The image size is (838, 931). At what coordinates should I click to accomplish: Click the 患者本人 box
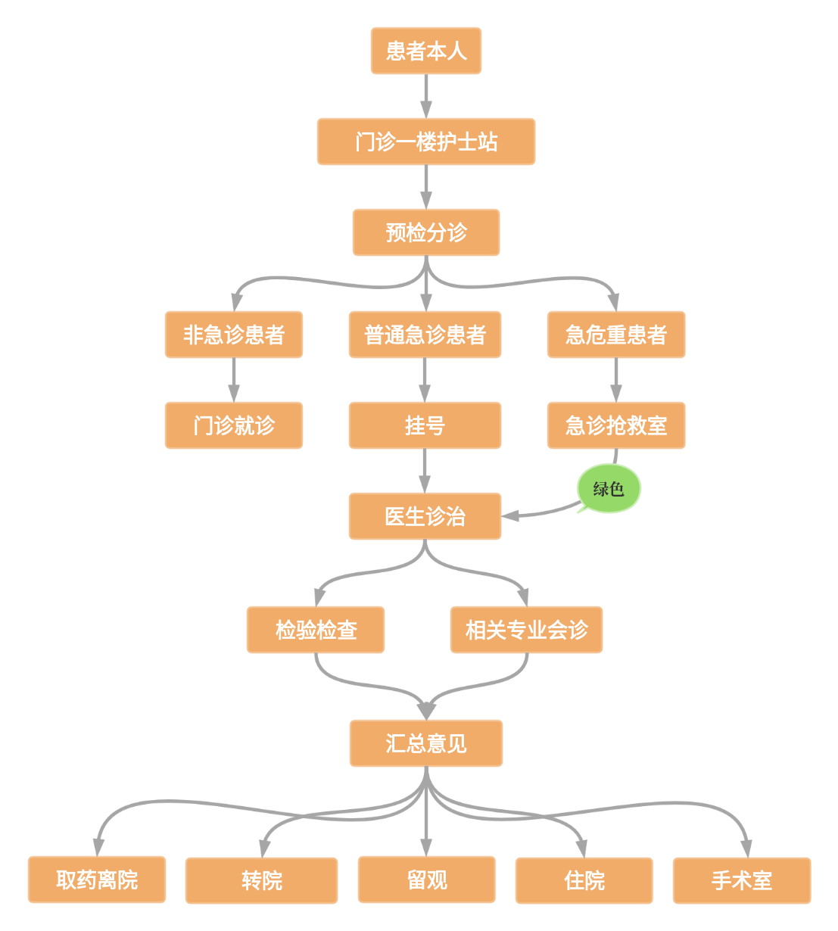pyautogui.click(x=425, y=51)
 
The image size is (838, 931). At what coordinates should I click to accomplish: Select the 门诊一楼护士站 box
pyautogui.click(x=425, y=142)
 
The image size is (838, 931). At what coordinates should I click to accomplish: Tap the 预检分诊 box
pyautogui.click(x=425, y=232)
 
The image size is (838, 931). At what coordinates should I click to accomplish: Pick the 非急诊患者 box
pyautogui.click(x=233, y=335)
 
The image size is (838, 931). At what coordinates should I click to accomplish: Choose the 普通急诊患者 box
pyautogui.click(x=425, y=335)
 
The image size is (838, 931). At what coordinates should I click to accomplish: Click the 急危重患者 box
pyautogui.click(x=616, y=335)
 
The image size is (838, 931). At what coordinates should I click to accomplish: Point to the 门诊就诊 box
pyautogui.click(x=233, y=425)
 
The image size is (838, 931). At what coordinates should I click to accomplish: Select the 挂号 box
pyautogui.click(x=425, y=425)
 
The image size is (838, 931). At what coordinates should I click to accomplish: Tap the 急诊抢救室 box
pyautogui.click(x=616, y=425)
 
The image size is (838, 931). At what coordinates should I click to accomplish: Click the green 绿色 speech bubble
pyautogui.click(x=609, y=489)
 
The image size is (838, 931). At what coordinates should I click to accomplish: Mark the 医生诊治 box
pyautogui.click(x=425, y=516)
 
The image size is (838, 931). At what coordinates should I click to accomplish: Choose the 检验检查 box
pyautogui.click(x=316, y=630)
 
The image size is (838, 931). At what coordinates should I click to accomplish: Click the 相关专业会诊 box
pyautogui.click(x=526, y=630)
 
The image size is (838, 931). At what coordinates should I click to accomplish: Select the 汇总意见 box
pyautogui.click(x=425, y=743)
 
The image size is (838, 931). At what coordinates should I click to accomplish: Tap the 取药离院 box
pyautogui.click(x=97, y=880)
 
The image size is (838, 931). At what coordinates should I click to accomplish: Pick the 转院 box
pyautogui.click(x=261, y=880)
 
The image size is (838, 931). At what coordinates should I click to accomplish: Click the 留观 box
pyautogui.click(x=426, y=880)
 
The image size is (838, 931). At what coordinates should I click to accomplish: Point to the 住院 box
pyautogui.click(x=584, y=880)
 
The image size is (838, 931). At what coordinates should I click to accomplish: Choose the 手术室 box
pyautogui.click(x=742, y=880)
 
